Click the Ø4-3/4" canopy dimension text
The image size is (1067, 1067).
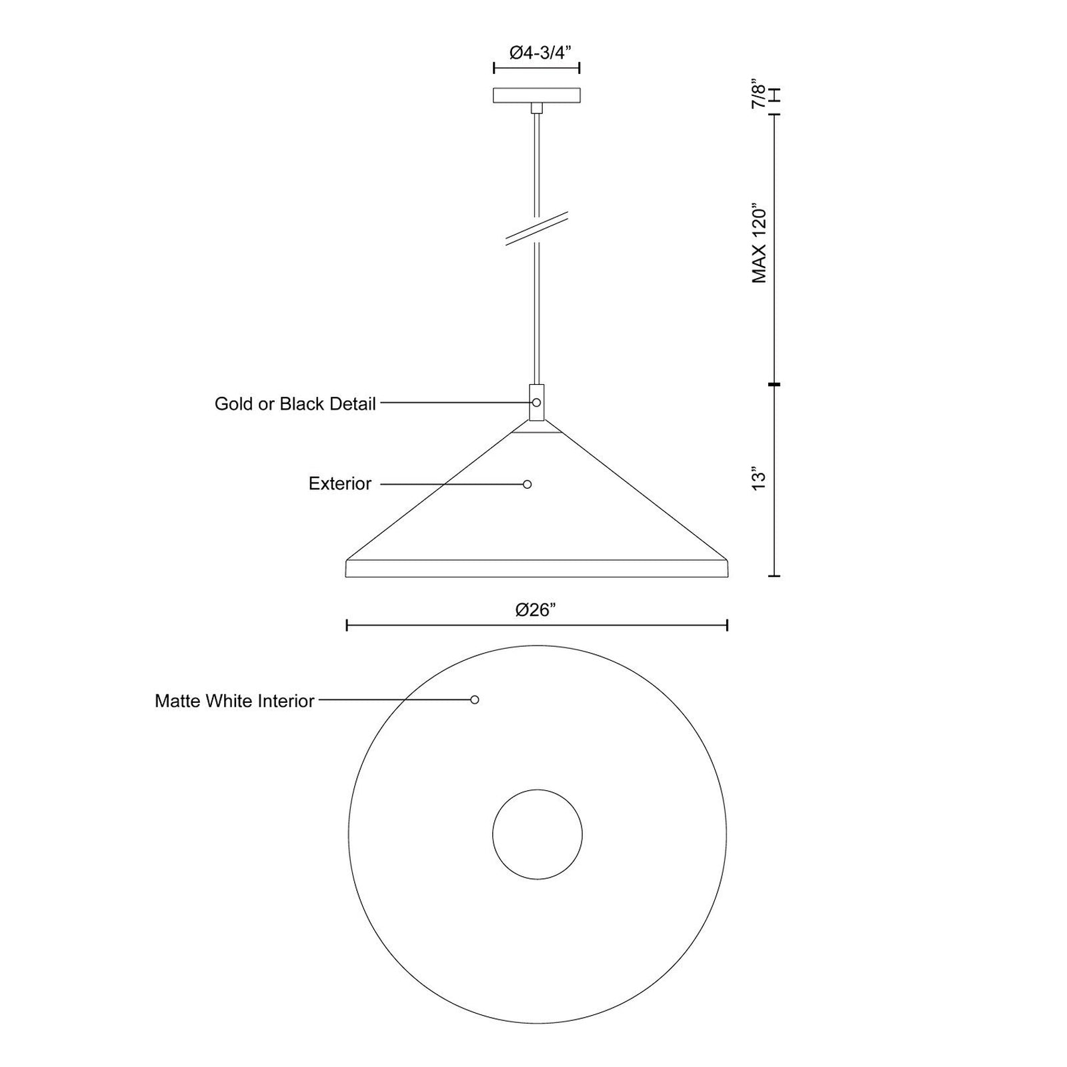[537, 53]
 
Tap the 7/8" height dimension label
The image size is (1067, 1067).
[758, 95]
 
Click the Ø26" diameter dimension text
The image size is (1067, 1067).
[536, 610]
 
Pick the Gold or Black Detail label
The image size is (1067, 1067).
[295, 403]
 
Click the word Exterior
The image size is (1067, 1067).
[339, 483]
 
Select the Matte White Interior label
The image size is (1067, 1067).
[234, 701]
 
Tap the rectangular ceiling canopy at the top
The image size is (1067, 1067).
[536, 95]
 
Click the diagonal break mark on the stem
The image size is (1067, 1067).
[536, 229]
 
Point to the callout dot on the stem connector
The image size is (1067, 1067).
[536, 403]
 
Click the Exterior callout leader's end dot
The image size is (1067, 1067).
[527, 484]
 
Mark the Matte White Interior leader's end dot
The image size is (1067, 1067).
[474, 700]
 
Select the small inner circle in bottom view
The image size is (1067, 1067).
[537, 834]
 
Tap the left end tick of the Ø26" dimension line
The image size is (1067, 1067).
[347, 625]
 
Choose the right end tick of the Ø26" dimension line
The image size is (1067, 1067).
[727, 625]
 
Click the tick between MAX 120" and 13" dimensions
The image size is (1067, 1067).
[774, 385]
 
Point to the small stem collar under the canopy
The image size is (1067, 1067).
[536, 109]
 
